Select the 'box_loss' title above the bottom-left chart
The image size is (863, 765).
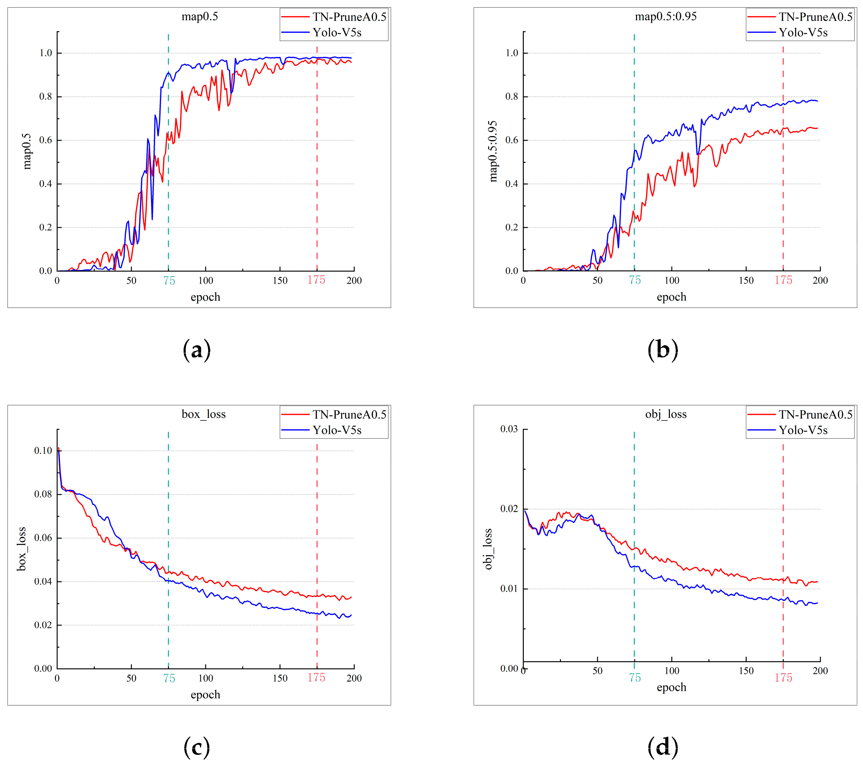(204, 414)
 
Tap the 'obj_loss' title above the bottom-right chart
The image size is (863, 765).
(666, 414)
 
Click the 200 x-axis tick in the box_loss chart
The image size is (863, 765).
(354, 678)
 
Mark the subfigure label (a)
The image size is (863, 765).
(197, 350)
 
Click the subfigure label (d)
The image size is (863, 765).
(663, 747)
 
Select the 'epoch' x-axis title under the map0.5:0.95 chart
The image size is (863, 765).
(671, 297)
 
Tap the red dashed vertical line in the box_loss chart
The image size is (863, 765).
(317, 549)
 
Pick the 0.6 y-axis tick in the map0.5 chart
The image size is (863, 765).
(46, 140)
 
